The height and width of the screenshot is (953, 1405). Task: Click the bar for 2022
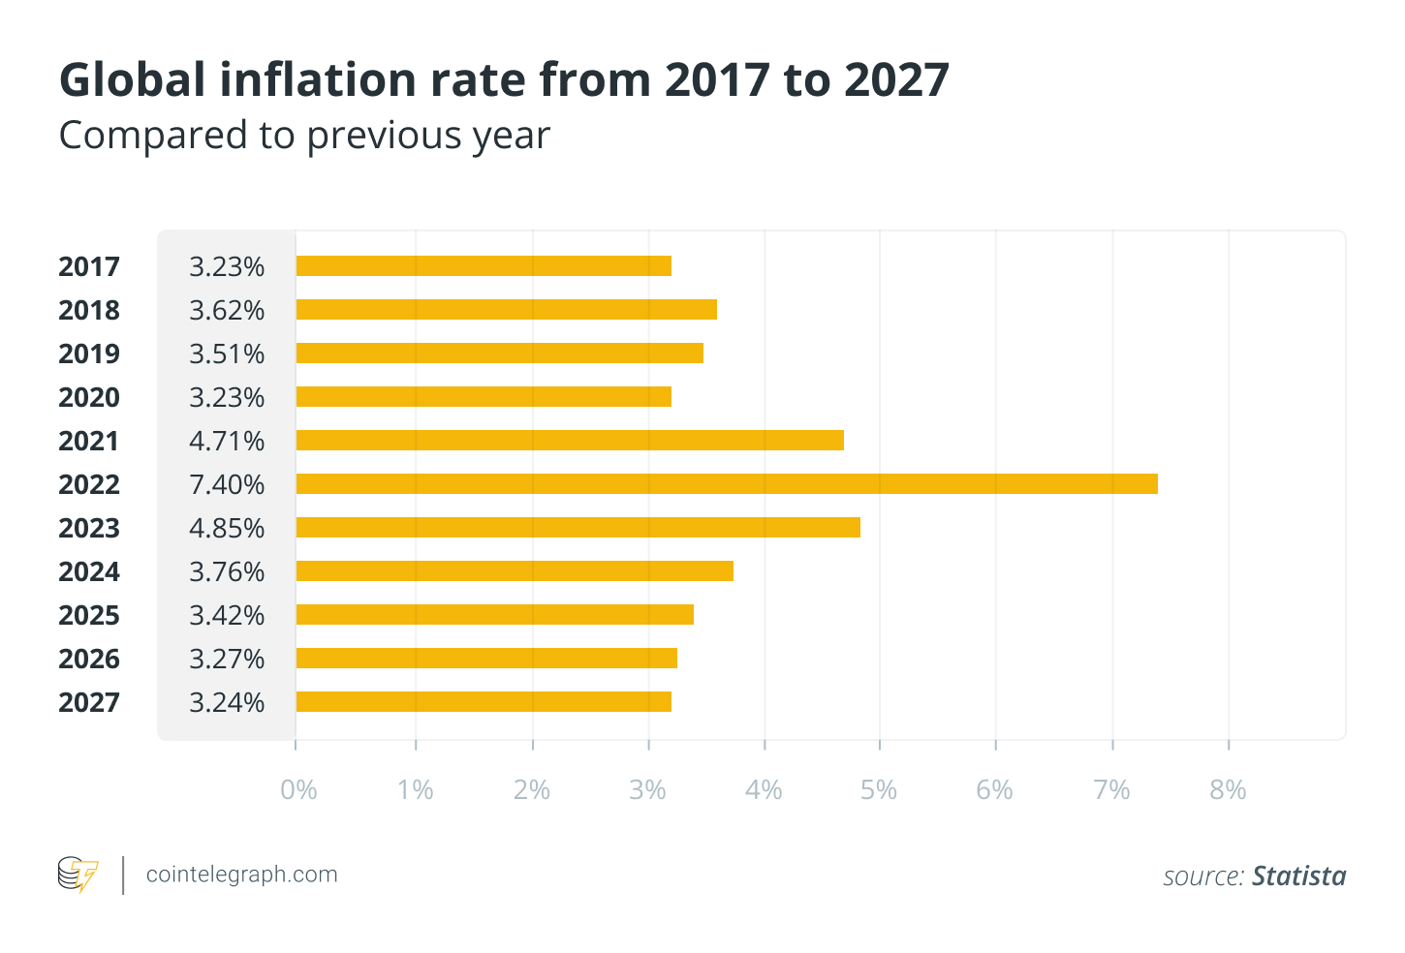pos(727,483)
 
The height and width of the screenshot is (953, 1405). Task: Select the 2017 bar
pos(484,265)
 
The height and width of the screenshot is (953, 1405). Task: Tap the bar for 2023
pos(578,527)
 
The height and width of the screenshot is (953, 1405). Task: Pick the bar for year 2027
pos(484,701)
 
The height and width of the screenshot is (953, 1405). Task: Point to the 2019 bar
pos(499,353)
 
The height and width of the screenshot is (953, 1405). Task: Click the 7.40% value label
pos(227,484)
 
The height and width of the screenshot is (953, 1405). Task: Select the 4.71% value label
pos(227,441)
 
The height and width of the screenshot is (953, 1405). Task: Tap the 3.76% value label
pos(227,571)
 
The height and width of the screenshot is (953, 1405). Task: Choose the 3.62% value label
pos(227,310)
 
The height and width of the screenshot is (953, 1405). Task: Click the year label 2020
pos(89,397)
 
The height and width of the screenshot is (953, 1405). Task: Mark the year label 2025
pos(89,615)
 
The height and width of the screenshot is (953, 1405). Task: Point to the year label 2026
pos(89,659)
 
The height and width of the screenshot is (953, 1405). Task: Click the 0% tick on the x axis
pos(298,790)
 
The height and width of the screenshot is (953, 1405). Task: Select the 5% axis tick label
pos(879,790)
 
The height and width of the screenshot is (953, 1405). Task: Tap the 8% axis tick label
pos(1228,790)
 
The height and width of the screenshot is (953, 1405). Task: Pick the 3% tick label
pos(647,790)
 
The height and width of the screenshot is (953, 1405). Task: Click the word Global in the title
pos(132,79)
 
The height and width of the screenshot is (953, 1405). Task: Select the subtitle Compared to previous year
pos(304,135)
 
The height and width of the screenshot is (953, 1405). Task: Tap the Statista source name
pos(1298,876)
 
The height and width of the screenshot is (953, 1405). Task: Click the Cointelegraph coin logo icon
pos(78,874)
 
